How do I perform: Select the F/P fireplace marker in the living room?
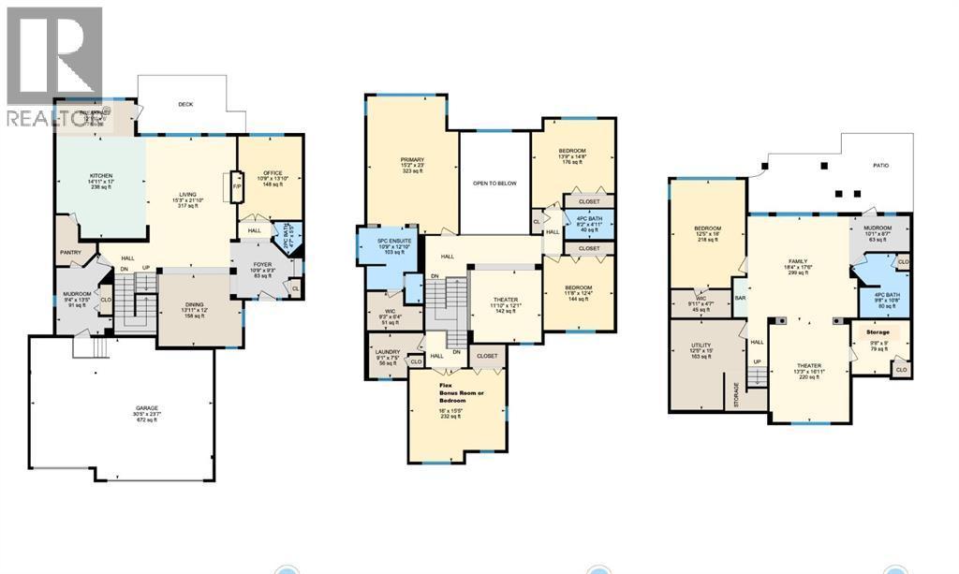[x=237, y=187]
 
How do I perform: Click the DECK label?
[x=185, y=104]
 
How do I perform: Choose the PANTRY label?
[x=71, y=252]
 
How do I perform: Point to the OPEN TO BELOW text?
[x=494, y=184]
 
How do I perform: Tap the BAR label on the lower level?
[x=739, y=299]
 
